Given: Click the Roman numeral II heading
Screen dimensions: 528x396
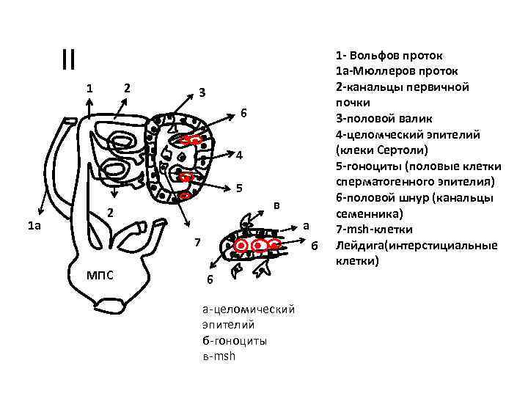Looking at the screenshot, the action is [x=69, y=59].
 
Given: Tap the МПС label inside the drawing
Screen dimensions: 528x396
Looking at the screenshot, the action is [x=100, y=276].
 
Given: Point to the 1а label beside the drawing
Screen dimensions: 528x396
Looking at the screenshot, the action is [x=34, y=225].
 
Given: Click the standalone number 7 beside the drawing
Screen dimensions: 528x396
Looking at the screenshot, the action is [x=198, y=242].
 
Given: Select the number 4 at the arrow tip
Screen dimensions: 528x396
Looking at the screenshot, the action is [x=239, y=155].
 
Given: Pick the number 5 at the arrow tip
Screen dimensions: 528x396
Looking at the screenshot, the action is [x=239, y=188].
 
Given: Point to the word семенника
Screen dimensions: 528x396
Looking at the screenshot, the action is [x=367, y=214].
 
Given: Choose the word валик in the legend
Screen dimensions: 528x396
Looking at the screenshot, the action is [x=416, y=119].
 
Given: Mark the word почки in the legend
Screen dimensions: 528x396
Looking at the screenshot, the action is [x=353, y=103].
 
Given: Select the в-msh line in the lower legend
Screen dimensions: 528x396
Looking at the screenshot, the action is [x=219, y=356].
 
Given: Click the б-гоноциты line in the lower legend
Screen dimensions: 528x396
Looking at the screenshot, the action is [x=235, y=341].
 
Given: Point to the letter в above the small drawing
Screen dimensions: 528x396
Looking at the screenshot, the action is [x=276, y=205].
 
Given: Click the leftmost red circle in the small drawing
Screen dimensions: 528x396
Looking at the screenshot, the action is [x=241, y=246].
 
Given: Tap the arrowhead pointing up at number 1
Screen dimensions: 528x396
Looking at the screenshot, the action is [x=89, y=100].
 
